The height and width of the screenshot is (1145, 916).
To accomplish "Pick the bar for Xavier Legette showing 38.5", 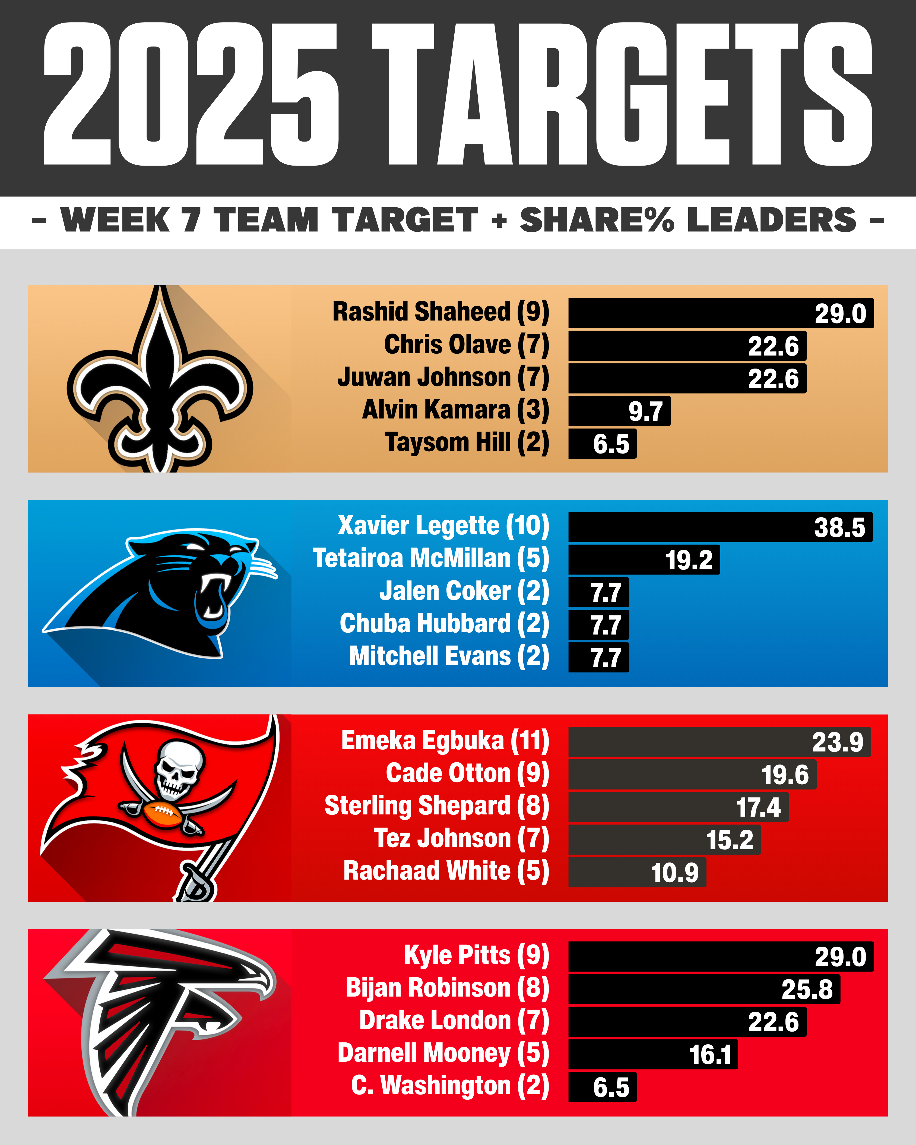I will point(720,527).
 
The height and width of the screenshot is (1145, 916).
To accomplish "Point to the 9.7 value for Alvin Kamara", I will point(645,412).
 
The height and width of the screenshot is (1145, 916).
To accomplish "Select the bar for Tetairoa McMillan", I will point(644,560).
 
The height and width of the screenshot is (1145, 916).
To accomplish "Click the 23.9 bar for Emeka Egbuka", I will point(719,741).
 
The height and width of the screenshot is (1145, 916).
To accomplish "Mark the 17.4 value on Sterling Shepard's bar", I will point(758,807).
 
